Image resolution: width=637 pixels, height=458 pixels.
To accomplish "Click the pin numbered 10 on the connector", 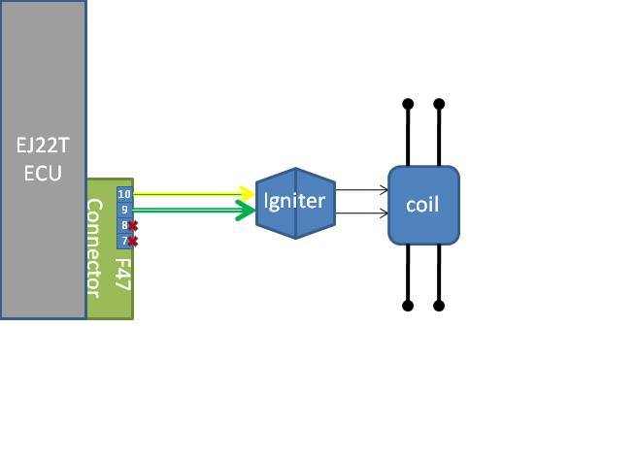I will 124,194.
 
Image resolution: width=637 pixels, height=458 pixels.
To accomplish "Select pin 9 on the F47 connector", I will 124,210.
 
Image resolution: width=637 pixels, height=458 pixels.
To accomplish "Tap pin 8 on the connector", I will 123,225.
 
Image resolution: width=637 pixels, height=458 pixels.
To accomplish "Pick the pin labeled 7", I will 123,241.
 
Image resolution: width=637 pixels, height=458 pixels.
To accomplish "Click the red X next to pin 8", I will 133,225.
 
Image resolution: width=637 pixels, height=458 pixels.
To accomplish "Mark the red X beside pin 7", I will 133,241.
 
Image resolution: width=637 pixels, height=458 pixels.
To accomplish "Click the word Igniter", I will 294,202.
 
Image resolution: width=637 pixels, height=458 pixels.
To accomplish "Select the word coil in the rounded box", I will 422,205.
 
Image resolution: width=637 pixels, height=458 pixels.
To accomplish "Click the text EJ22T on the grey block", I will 43,146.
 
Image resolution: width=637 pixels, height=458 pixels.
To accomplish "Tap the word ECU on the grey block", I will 43,174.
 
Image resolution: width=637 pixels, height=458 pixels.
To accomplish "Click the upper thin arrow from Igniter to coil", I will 361,191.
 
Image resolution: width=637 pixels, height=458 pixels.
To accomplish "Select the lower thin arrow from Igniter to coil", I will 361,213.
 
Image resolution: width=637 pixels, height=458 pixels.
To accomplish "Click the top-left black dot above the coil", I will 408,104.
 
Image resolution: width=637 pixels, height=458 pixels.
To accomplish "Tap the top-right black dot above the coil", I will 439,104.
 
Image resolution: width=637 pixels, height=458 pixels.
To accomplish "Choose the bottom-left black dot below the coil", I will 408,306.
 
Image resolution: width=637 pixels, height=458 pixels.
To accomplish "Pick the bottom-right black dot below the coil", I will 439,306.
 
